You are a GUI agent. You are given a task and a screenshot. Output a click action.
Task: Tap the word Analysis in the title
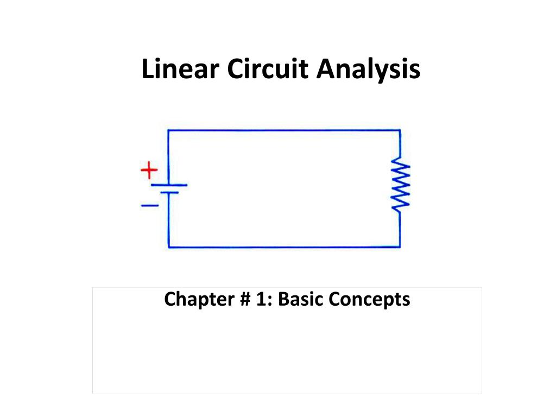369,70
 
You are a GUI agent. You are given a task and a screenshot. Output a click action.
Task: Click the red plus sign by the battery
149,171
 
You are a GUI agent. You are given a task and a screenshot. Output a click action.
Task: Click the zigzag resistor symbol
401,185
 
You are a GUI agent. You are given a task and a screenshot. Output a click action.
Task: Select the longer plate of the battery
169,185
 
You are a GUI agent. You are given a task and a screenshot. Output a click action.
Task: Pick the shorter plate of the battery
169,192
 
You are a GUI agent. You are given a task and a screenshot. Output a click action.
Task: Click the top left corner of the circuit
168,130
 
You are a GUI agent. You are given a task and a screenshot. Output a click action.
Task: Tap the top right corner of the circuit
400,130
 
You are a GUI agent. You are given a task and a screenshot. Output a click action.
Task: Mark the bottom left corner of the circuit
169,248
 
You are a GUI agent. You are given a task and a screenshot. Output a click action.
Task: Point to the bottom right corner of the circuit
400,248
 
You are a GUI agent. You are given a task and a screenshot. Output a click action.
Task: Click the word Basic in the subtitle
298,299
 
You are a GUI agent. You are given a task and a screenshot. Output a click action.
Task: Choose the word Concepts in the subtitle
369,299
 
